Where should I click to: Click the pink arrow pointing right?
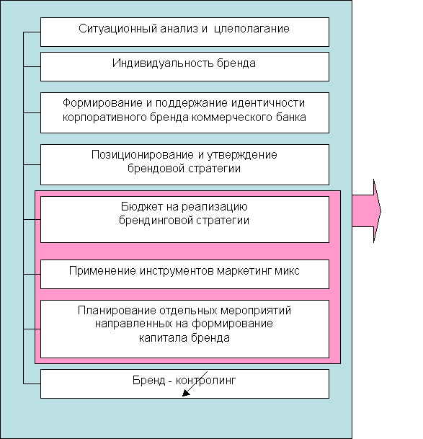click(367, 210)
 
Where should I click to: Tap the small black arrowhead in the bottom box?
click(186, 393)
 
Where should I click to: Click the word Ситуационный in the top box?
click(117, 29)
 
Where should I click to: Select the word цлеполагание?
click(251, 30)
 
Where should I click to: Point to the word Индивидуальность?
click(163, 63)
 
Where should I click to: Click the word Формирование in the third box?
click(102, 103)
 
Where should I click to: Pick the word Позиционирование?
click(143, 155)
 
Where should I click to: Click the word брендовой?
click(156, 169)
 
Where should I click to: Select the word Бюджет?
click(142, 207)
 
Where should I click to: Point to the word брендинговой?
click(156, 221)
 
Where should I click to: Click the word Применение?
click(102, 271)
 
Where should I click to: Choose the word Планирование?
click(117, 311)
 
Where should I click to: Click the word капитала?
click(164, 338)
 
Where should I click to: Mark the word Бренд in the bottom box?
click(148, 381)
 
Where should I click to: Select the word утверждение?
click(242, 155)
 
